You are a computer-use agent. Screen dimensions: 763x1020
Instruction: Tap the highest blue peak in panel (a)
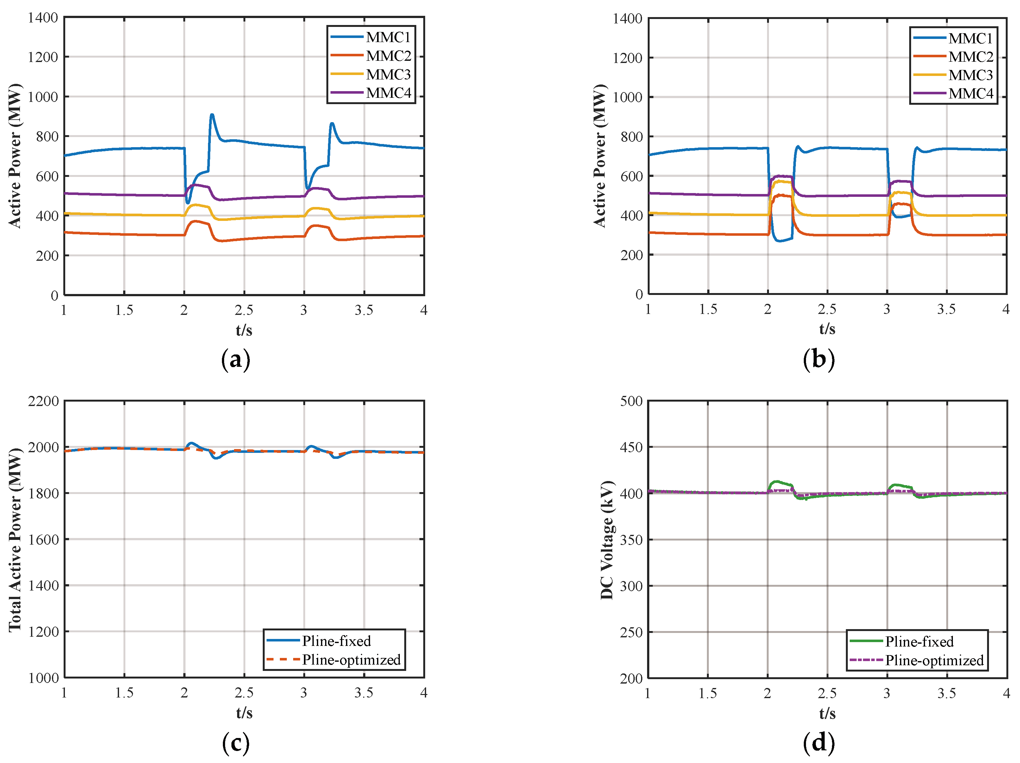[x=212, y=115]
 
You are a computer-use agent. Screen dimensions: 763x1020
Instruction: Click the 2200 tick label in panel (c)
[x=43, y=401]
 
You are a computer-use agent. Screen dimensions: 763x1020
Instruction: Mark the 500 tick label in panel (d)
[x=631, y=401]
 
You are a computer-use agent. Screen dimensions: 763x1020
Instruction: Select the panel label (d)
[x=818, y=743]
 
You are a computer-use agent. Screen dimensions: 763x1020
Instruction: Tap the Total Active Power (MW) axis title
[x=15, y=539]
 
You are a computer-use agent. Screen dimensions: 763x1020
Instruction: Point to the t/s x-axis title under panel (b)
[x=827, y=329]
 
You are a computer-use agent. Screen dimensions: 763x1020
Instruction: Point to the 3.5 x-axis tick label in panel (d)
[x=946, y=693]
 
